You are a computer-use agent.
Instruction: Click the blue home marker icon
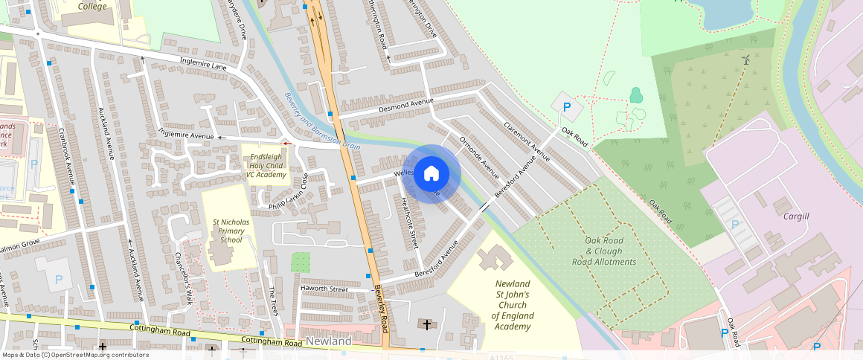pyautogui.click(x=431, y=174)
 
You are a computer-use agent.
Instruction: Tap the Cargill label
pyautogui.click(x=795, y=216)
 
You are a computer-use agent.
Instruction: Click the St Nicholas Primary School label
pyautogui.click(x=228, y=231)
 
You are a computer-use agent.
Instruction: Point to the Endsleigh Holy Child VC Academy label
pyautogui.click(x=266, y=165)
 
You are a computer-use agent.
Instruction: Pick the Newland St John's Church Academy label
pyautogui.click(x=513, y=305)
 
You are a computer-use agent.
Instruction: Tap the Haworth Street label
pyautogui.click(x=324, y=289)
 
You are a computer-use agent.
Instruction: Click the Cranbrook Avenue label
pyautogui.click(x=67, y=156)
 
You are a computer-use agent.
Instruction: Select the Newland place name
pyautogui.click(x=328, y=341)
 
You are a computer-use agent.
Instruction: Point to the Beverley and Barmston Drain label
pyautogui.click(x=323, y=120)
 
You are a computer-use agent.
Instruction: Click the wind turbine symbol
pyautogui.click(x=745, y=60)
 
